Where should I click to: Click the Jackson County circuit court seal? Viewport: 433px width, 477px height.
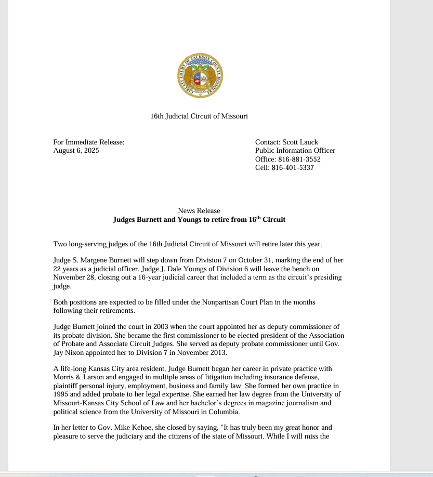pos(200,76)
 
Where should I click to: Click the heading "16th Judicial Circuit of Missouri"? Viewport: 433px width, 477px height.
pos(199,116)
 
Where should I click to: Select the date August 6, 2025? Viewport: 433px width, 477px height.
pos(76,151)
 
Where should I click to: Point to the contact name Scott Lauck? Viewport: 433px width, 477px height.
pos(300,142)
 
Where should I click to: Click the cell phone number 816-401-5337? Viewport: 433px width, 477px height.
pos(292,168)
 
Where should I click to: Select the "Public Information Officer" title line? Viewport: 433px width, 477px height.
pos(295,151)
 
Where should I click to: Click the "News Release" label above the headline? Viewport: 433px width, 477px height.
pos(199,211)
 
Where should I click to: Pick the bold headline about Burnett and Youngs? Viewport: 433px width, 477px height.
pos(199,219)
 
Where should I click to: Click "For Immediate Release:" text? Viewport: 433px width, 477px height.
pos(89,142)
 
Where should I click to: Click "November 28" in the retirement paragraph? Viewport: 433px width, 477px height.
pos(72,277)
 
